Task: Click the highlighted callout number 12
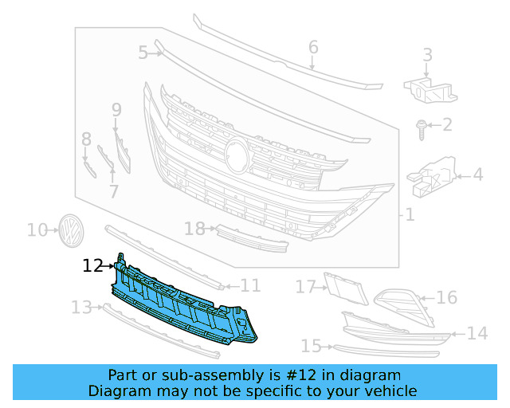pyautogui.click(x=92, y=266)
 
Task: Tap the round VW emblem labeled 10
pyautogui.click(x=73, y=229)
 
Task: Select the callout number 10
pyautogui.click(x=37, y=230)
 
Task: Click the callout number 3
pyautogui.click(x=427, y=55)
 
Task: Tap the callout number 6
pyautogui.click(x=313, y=47)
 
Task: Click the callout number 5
pyautogui.click(x=143, y=53)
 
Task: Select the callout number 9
pyautogui.click(x=116, y=109)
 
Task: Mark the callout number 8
pyautogui.click(x=86, y=140)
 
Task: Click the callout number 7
pyautogui.click(x=113, y=191)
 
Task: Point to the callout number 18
pyautogui.click(x=194, y=229)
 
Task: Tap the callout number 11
pyautogui.click(x=250, y=284)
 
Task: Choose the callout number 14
pyautogui.click(x=477, y=333)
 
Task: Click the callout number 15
pyautogui.click(x=311, y=346)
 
